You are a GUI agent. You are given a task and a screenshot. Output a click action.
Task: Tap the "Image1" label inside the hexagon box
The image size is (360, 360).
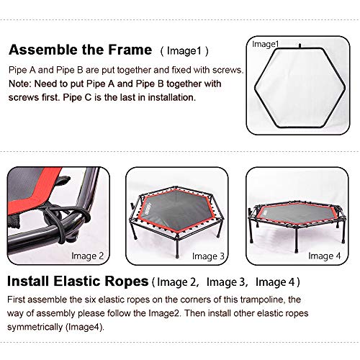click(x=265, y=45)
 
